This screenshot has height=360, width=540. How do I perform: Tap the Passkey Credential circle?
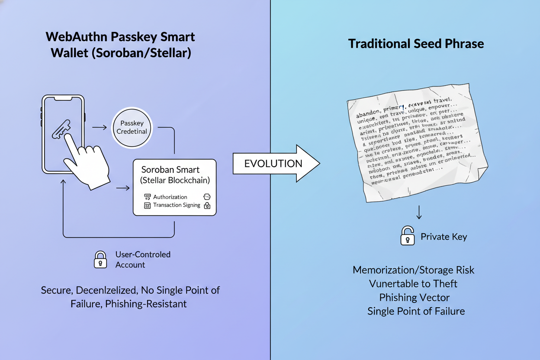(x=132, y=127)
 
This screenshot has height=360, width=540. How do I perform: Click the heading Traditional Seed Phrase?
(x=416, y=44)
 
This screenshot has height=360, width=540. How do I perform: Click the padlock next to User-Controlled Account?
(x=100, y=259)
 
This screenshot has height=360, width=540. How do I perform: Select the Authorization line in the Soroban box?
(x=170, y=197)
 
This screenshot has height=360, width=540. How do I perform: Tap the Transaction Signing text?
(x=177, y=205)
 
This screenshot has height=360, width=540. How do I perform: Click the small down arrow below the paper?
(x=419, y=213)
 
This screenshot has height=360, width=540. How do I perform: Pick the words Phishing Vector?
(x=414, y=297)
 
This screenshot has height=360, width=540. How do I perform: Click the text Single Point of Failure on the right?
(x=416, y=311)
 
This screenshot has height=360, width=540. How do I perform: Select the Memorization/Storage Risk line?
(x=414, y=270)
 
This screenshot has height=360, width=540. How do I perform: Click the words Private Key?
(x=444, y=237)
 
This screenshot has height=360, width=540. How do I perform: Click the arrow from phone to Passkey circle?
(x=100, y=127)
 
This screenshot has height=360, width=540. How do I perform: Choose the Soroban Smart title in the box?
(x=170, y=170)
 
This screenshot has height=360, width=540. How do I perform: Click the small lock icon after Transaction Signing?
(x=207, y=206)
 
